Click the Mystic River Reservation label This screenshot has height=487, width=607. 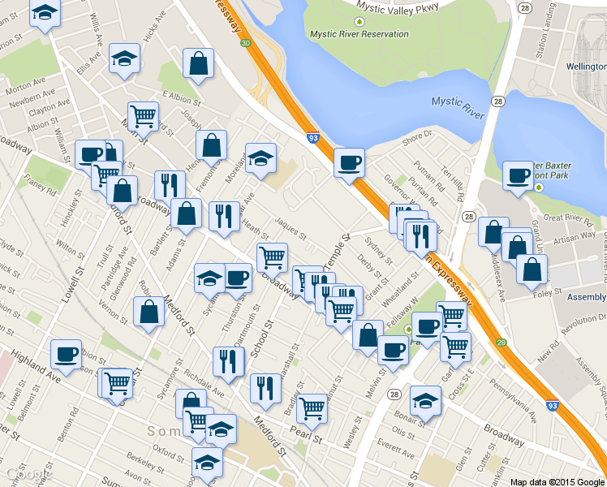pos(359,34)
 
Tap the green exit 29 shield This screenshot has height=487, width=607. pos(502,343)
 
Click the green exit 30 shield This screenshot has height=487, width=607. pos(246,42)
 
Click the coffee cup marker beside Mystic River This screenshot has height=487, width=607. pos(350,163)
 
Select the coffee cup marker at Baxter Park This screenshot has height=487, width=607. pos(518,175)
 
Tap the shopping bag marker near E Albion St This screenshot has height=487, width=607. pos(198,62)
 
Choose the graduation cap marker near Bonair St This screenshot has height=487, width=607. pos(425,401)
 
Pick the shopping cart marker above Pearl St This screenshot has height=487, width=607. pos(312,409)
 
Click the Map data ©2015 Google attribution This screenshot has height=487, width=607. pos(557,481)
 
